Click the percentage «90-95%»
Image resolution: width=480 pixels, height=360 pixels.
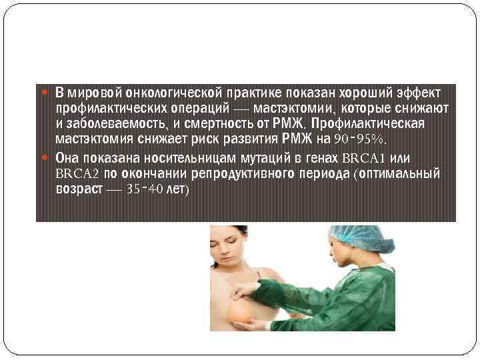pos(360,140)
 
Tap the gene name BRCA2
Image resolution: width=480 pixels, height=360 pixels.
pos(77,174)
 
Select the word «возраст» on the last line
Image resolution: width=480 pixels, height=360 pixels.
pos(79,189)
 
